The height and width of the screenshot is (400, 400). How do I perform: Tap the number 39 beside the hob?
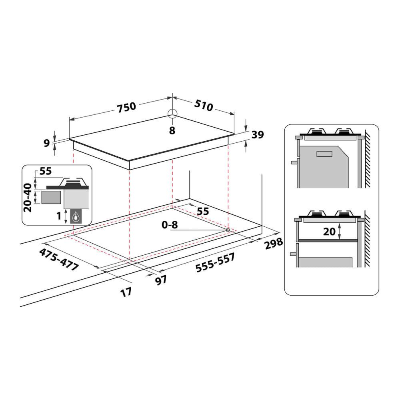click(x=258, y=135)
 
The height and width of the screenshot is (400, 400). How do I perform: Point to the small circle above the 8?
click(x=172, y=113)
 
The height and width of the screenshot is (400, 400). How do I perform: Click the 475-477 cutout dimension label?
click(x=59, y=260)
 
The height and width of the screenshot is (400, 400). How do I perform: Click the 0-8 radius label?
click(x=170, y=225)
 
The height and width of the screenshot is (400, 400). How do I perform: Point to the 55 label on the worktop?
click(x=203, y=212)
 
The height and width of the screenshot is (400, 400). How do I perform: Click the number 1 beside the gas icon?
click(x=59, y=216)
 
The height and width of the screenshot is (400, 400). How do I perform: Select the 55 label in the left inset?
click(x=46, y=171)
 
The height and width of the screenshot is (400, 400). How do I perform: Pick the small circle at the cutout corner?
click(x=228, y=230)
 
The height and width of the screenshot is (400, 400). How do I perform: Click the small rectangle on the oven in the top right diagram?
click(x=325, y=154)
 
